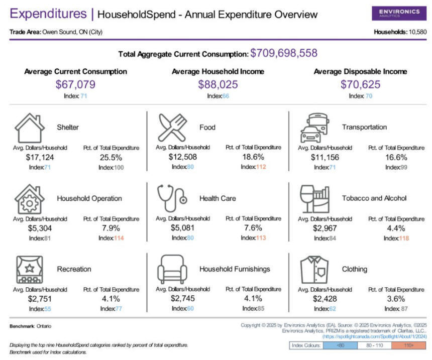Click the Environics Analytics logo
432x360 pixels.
click(399, 13)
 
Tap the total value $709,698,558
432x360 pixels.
click(284, 53)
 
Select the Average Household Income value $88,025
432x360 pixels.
click(218, 84)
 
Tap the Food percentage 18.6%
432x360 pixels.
click(253, 157)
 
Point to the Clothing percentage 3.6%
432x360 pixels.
click(396, 299)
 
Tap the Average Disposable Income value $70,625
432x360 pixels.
click(360, 84)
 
